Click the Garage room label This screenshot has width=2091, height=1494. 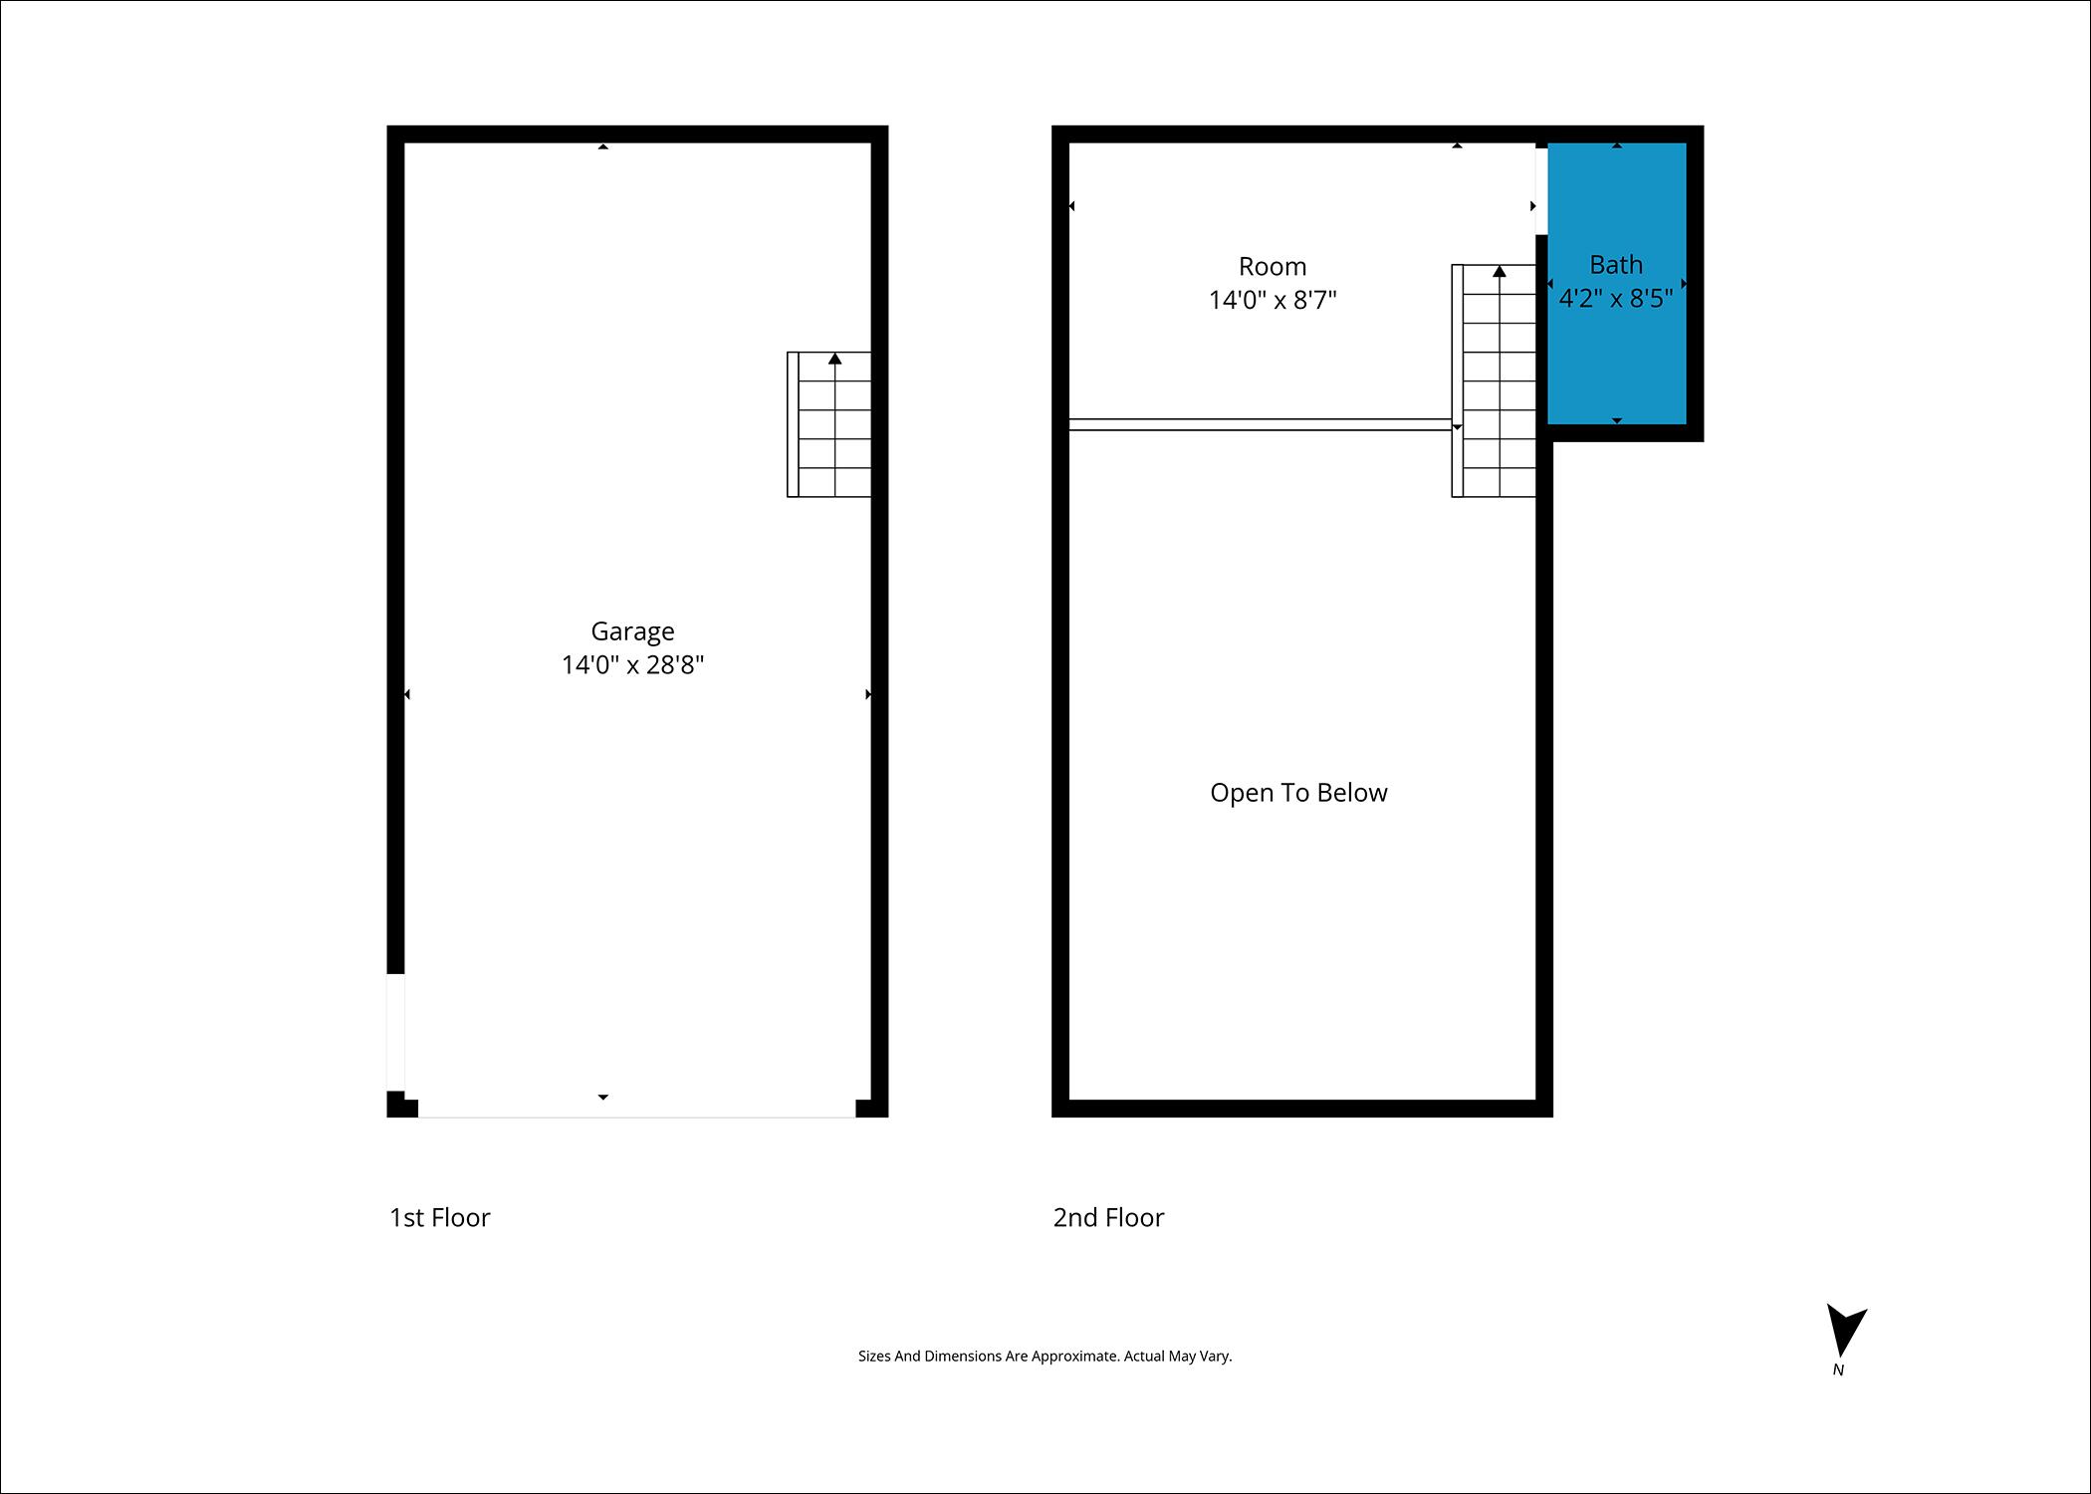(x=632, y=631)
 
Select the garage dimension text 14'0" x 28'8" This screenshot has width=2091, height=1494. (x=632, y=664)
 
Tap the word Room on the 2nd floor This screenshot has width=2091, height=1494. (x=1272, y=267)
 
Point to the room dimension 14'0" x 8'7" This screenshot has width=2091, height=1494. (x=1272, y=300)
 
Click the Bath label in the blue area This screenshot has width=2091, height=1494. (x=1615, y=265)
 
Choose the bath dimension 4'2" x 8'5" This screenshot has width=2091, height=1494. (x=1615, y=298)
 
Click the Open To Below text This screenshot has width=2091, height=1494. (x=1297, y=793)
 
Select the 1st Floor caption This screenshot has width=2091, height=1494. (x=439, y=1217)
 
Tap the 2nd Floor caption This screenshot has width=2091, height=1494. (x=1108, y=1217)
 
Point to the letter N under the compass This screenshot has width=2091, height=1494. (x=1838, y=1370)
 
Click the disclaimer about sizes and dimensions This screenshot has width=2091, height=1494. (x=1045, y=1356)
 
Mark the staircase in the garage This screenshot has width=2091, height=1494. (x=829, y=425)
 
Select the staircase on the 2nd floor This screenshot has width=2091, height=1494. (x=1494, y=381)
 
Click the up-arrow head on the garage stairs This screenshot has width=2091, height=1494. (x=834, y=359)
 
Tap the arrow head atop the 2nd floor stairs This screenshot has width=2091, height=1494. (x=1499, y=271)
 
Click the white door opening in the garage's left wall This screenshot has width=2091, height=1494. (x=395, y=1032)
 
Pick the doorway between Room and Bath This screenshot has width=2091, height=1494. (x=1540, y=190)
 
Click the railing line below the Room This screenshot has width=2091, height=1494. (x=1260, y=424)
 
